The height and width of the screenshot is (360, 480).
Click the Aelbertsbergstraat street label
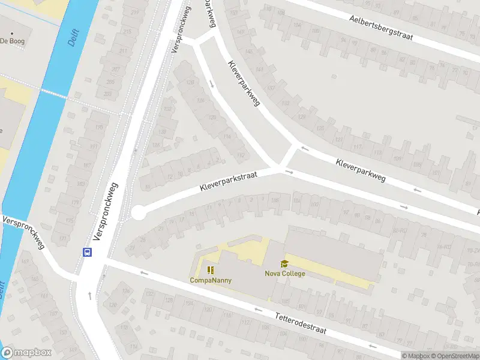[x=382, y=28]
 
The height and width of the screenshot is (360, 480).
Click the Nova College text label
[x=284, y=274]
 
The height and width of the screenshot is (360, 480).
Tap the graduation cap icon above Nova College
[x=284, y=263]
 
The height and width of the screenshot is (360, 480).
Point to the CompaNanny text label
[x=211, y=280]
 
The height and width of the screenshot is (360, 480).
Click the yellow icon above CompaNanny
[x=211, y=270]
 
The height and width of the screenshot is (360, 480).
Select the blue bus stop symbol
[x=88, y=252]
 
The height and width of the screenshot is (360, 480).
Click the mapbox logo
[x=26, y=353]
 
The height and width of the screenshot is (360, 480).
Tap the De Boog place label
[x=11, y=41]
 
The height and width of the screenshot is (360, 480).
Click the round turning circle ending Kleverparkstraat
[x=138, y=212]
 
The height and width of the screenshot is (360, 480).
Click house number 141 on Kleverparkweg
[x=260, y=69]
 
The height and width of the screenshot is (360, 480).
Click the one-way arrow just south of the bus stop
[x=90, y=294]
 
